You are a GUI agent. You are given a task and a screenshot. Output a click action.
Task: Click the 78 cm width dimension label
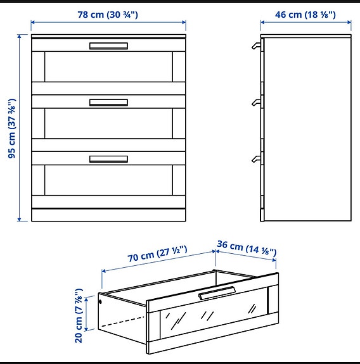point(108,15)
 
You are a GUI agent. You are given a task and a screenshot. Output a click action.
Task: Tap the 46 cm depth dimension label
point(305,15)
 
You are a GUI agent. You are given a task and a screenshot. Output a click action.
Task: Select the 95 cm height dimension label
point(12,129)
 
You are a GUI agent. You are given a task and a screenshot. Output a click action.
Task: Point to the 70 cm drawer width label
point(157,254)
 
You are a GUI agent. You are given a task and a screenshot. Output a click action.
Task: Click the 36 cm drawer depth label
point(247,248)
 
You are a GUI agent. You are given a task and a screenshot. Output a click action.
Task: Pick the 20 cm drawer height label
point(79,316)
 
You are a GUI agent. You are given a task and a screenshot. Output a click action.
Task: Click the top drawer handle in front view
point(108,46)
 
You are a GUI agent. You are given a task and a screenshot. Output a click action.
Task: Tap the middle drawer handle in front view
point(108,103)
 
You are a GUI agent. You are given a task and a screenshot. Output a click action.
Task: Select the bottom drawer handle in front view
point(108,160)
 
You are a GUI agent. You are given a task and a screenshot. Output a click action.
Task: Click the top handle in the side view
point(256,46)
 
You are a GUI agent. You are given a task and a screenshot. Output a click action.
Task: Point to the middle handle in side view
point(256,103)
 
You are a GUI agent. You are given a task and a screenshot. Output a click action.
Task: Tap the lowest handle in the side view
point(256,159)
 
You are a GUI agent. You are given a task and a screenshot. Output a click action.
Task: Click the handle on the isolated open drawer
point(217,293)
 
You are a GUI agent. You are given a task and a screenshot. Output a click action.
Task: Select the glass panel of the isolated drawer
point(214,313)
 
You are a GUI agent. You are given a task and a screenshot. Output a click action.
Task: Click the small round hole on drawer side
point(100,302)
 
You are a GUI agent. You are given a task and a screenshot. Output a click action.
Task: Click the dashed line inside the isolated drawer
point(123,322)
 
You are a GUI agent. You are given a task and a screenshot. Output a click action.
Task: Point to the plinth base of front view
point(108,215)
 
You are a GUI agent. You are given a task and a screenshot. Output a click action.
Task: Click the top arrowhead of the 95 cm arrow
point(19,36)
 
